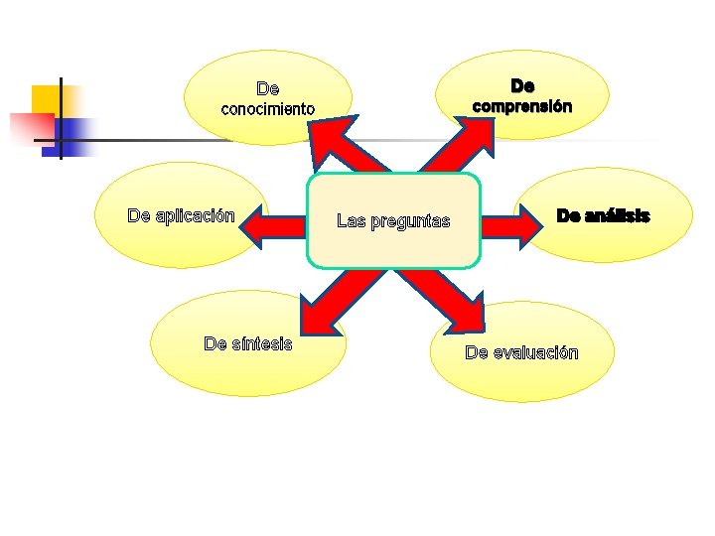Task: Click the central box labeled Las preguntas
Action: tap(394, 220)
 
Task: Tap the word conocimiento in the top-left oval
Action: tap(267, 109)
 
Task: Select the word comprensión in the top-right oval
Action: tap(521, 105)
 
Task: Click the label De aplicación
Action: tap(181, 216)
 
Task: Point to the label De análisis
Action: tap(603, 215)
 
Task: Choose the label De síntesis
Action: tap(247, 343)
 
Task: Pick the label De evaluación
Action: tap(521, 352)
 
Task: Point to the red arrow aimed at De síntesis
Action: tap(333, 298)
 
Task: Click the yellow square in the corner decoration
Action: tap(48, 99)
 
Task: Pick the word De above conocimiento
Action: tap(268, 90)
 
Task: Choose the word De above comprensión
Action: tap(522, 87)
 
